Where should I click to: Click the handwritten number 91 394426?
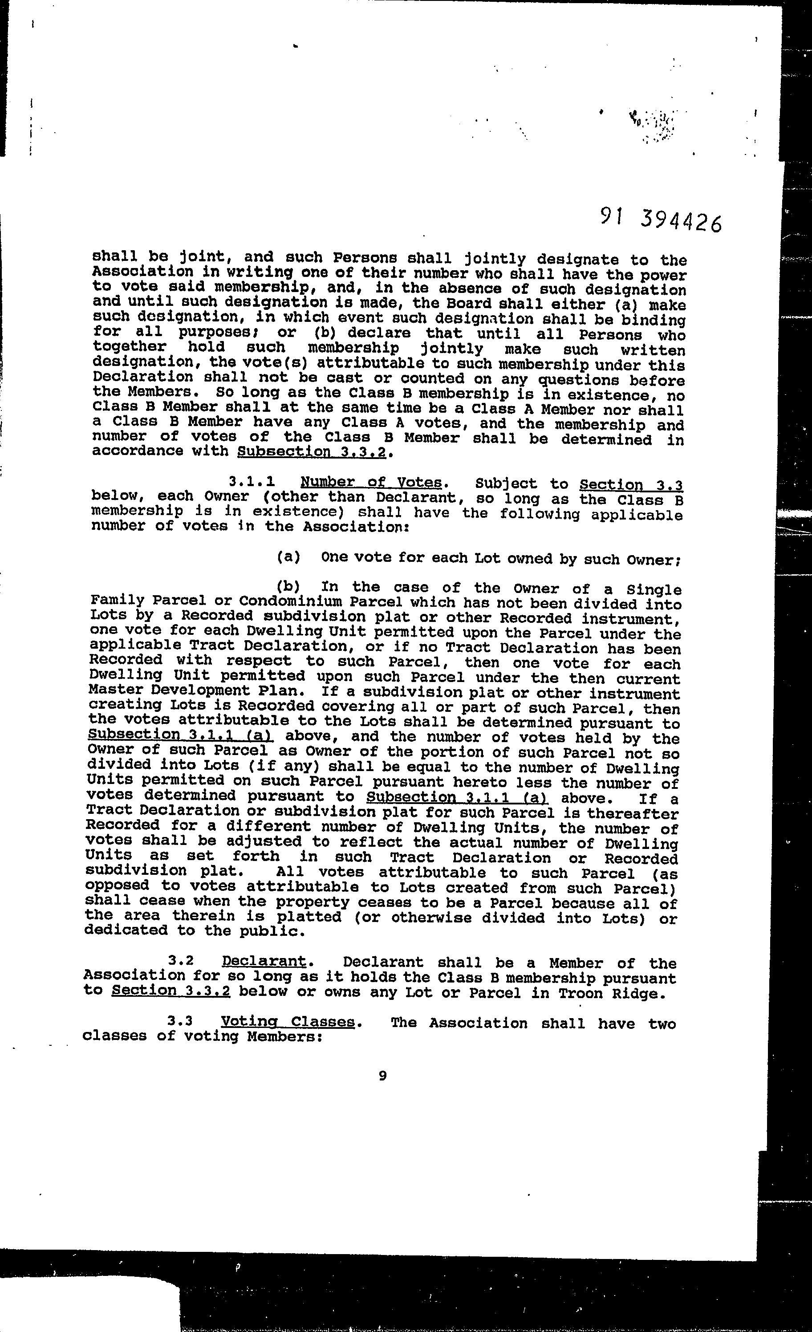click(x=660, y=219)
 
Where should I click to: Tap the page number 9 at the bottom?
click(x=383, y=1076)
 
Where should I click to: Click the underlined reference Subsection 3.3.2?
click(x=312, y=451)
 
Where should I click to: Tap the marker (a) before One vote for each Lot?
click(x=288, y=557)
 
